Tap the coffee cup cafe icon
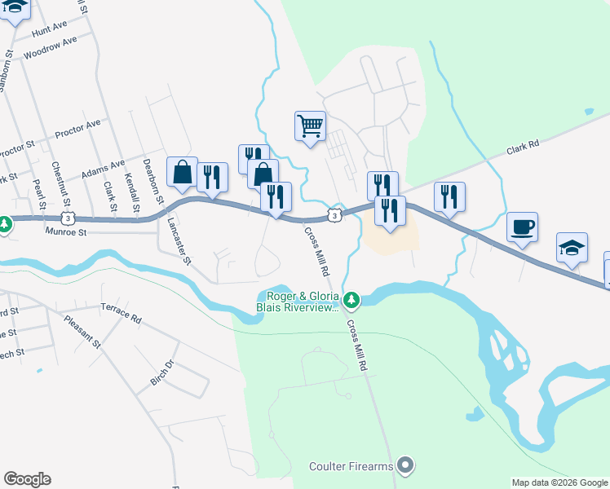[x=522, y=227]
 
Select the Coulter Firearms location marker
[x=406, y=466]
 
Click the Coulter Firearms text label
[x=351, y=466]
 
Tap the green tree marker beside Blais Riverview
[x=351, y=302]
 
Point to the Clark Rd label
[x=523, y=148]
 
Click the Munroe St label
[x=67, y=232]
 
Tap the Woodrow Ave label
[x=51, y=49]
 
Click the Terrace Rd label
[x=121, y=313]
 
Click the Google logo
[x=27, y=479]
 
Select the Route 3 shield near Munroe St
[x=69, y=218]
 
